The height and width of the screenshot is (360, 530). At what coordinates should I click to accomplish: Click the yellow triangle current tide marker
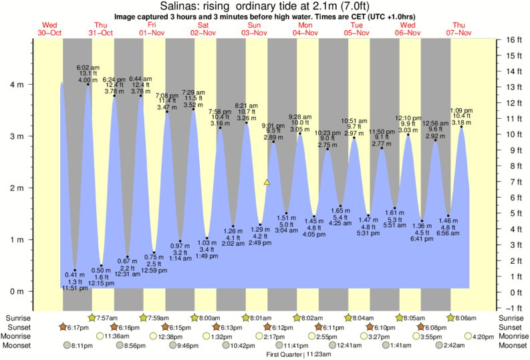click(267, 182)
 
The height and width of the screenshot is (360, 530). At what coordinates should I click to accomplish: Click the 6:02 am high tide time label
click(88, 67)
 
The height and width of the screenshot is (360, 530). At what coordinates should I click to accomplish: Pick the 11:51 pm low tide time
click(74, 289)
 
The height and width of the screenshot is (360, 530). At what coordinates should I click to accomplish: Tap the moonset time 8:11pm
click(82, 346)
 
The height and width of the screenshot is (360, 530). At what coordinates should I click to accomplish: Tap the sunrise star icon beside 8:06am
click(451, 318)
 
